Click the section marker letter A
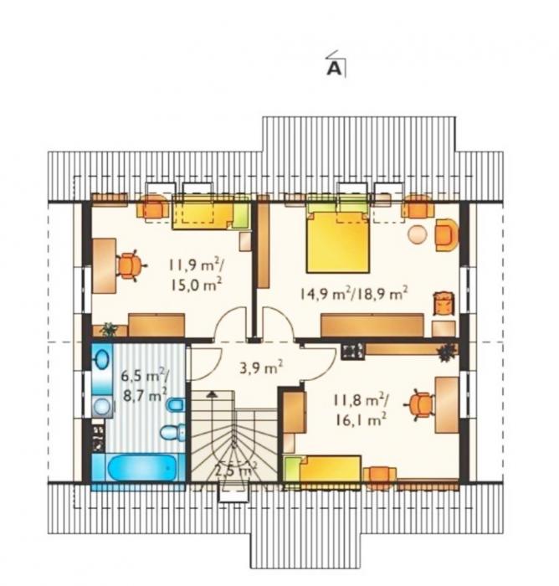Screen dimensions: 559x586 point(334,69)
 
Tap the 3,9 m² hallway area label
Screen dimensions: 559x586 point(261,368)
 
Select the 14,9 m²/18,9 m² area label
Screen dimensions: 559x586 point(353,294)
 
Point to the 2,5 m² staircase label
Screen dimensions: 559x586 point(235,470)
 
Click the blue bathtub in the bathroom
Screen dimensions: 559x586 point(141,468)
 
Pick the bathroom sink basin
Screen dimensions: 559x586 point(102,359)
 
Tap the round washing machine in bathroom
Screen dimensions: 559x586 point(101,406)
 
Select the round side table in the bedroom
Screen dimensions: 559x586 point(418,234)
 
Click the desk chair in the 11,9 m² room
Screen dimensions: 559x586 point(129,265)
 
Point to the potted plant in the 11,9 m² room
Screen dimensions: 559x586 point(109,329)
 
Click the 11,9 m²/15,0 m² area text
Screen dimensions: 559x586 point(196,275)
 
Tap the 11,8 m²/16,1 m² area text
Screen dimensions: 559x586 point(360,410)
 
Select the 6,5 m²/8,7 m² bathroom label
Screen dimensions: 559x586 point(144,385)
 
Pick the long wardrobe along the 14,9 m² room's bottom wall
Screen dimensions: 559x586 point(372,325)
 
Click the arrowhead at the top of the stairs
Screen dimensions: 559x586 point(212,393)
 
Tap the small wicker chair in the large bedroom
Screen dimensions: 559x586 point(444,303)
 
